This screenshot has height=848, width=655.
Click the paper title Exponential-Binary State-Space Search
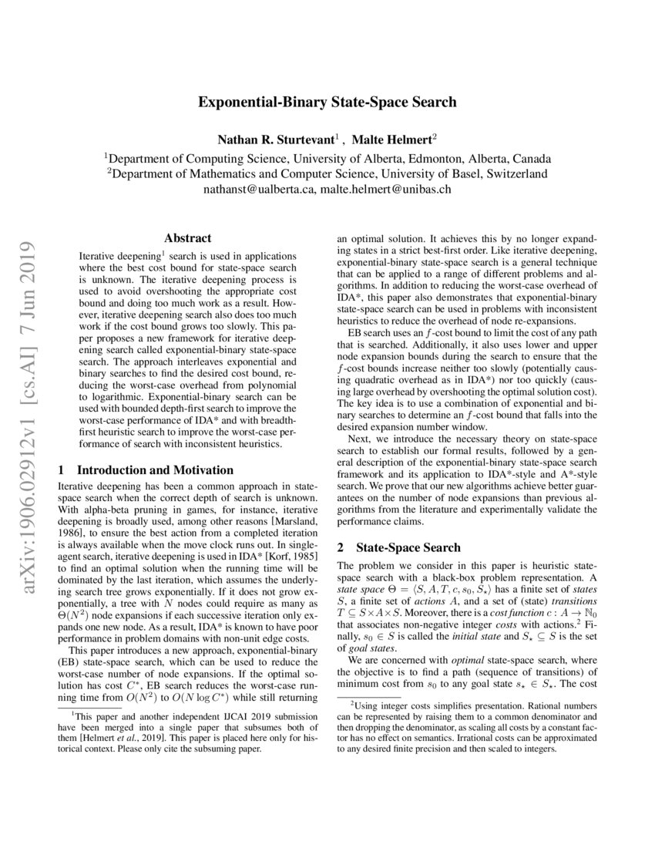[327, 102]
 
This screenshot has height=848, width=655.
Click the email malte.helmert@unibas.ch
[386, 188]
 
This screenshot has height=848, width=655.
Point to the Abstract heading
[188, 239]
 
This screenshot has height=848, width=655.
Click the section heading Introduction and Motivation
[155, 469]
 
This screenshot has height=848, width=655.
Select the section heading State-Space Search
[408, 548]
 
